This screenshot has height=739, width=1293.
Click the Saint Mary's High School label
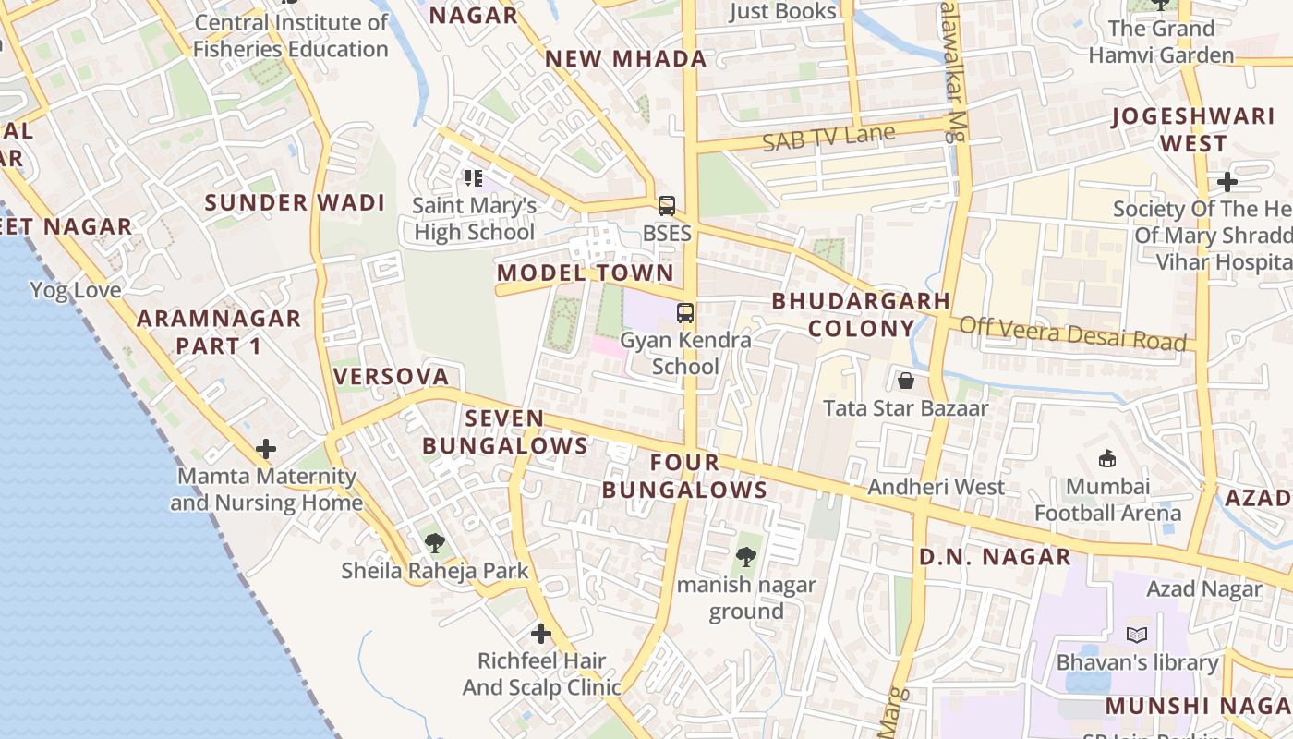click(x=475, y=219)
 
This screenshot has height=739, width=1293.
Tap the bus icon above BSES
click(x=667, y=205)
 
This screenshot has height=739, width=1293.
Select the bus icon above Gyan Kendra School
click(x=684, y=313)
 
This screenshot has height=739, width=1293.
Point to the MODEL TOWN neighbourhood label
click(x=586, y=273)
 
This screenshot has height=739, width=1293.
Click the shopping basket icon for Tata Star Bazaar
click(x=905, y=381)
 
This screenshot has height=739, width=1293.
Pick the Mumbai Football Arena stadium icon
click(x=1106, y=458)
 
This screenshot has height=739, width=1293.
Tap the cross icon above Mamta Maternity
click(x=266, y=450)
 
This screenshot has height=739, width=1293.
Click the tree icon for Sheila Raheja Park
click(x=434, y=543)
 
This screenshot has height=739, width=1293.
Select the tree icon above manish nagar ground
click(x=745, y=557)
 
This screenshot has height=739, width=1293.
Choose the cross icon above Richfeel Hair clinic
click(x=541, y=634)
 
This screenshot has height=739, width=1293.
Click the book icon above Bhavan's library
click(x=1137, y=636)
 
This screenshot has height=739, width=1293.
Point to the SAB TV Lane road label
click(x=828, y=138)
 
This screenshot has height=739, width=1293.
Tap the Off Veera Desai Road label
click(x=1072, y=333)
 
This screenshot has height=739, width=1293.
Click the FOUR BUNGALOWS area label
click(x=684, y=476)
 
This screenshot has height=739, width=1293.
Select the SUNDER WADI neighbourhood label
click(x=295, y=203)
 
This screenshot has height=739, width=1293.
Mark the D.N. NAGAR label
click(x=995, y=557)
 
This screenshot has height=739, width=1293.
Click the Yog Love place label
click(x=76, y=291)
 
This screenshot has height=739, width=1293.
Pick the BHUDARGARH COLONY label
click(x=861, y=314)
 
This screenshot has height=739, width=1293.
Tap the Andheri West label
click(x=937, y=487)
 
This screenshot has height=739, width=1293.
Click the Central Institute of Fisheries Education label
click(x=291, y=36)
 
